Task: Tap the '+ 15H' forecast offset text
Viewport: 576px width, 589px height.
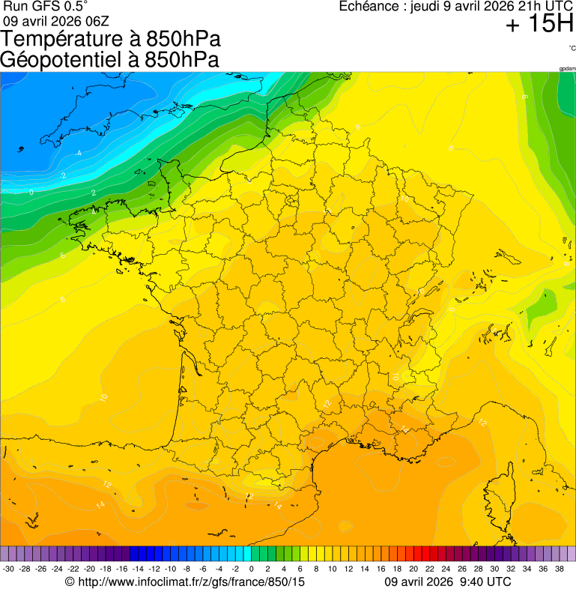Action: (x=539, y=25)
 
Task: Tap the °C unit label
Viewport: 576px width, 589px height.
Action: (x=572, y=48)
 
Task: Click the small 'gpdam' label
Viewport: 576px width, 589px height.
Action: (x=567, y=68)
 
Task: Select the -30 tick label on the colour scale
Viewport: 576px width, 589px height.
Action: (x=8, y=570)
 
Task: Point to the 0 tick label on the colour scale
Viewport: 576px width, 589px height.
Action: (x=251, y=570)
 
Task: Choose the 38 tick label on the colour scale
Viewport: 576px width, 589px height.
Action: (x=559, y=570)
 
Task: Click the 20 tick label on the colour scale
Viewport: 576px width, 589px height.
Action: (x=413, y=570)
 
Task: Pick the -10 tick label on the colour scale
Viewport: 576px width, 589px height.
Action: (x=170, y=570)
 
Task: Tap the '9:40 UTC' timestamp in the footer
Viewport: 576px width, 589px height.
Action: (x=485, y=582)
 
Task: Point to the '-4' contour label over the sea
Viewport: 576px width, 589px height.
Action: (x=79, y=154)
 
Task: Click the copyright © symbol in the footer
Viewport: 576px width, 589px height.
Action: (x=70, y=582)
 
